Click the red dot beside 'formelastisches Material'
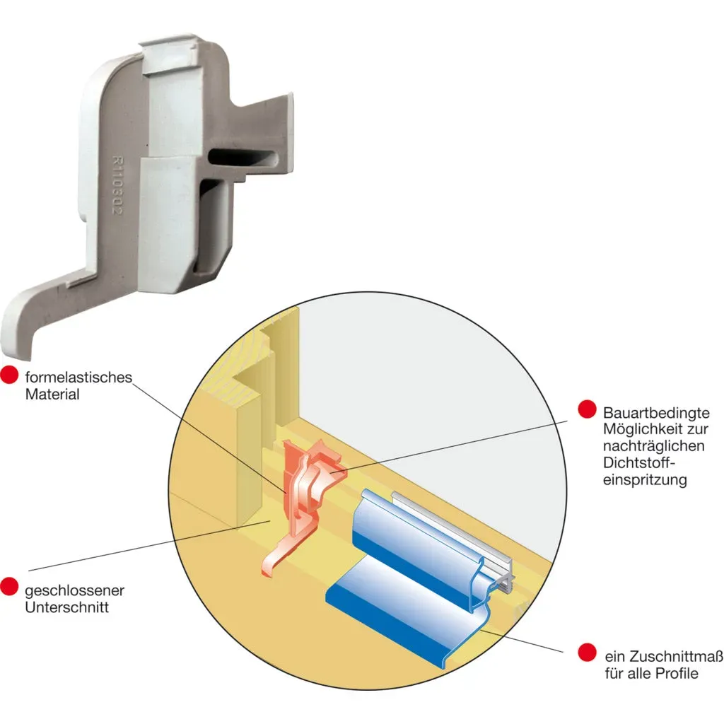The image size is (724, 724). [x=8, y=375]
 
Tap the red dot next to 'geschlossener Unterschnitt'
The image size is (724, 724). [x=8, y=586]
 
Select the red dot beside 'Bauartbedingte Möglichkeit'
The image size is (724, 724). [x=587, y=409]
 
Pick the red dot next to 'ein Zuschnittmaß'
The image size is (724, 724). [x=587, y=653]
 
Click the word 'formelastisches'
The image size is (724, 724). [x=78, y=378]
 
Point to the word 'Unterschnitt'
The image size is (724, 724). [x=67, y=607]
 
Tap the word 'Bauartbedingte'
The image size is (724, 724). [x=656, y=412]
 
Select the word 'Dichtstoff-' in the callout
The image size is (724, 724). [x=636, y=462]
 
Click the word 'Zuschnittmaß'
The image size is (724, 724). [x=677, y=656]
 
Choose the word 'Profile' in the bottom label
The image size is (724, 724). [x=677, y=673]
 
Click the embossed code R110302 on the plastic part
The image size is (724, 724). [x=118, y=185]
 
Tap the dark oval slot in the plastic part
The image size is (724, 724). [x=243, y=158]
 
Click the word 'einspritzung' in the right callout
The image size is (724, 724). [x=645, y=480]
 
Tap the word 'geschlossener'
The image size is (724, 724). [x=74, y=590]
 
